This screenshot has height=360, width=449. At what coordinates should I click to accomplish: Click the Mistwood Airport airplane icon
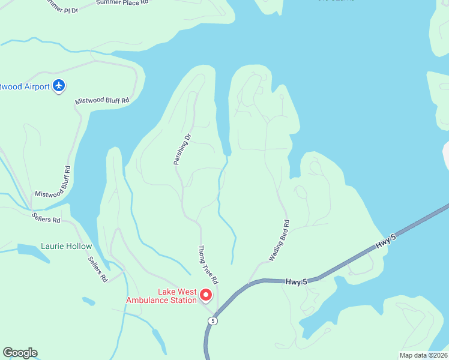tap(59, 86)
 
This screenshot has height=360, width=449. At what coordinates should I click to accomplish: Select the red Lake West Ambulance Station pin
tap(205, 295)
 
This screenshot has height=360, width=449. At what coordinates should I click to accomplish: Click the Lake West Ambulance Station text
tap(161, 296)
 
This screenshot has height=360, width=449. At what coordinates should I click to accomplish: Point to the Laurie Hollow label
tap(67, 246)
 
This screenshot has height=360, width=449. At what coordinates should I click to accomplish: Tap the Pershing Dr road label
tap(181, 149)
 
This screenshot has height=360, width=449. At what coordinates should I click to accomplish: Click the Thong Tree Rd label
tap(207, 265)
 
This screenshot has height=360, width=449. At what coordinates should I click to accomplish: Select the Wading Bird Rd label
tap(279, 241)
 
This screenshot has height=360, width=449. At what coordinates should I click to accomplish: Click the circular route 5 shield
tap(212, 321)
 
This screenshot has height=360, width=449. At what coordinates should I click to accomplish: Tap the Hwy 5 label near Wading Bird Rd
tap(296, 281)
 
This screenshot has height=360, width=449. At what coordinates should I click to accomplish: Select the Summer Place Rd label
tap(122, 3)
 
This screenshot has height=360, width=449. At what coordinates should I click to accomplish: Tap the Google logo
tap(20, 353)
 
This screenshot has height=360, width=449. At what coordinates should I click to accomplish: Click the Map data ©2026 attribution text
tap(423, 355)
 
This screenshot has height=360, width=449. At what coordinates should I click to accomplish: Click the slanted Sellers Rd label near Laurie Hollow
tap(97, 269)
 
